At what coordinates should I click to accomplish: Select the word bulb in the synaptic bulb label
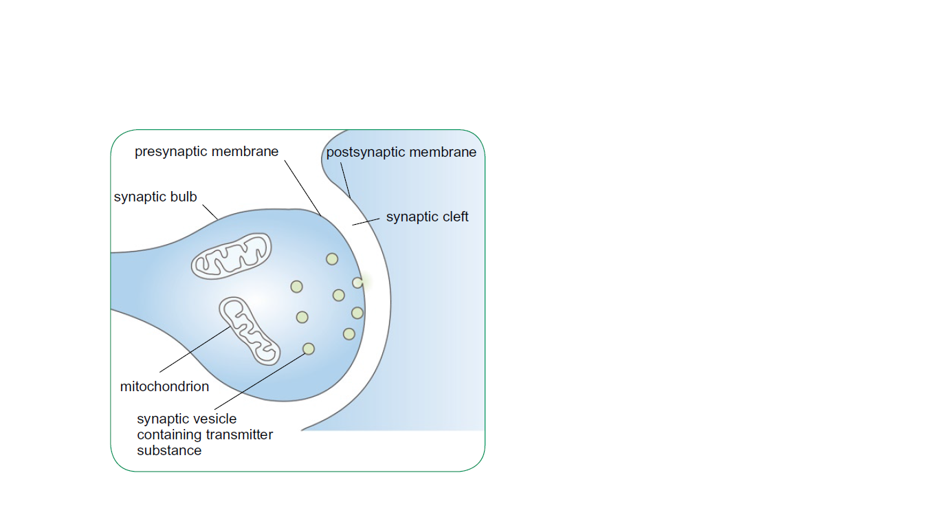(184, 197)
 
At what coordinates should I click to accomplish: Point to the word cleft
(452, 217)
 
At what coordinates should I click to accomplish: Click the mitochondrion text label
(164, 386)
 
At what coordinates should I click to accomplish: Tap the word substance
(169, 451)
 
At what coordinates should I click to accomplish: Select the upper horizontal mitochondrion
(232, 256)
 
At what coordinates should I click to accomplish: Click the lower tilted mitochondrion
(250, 331)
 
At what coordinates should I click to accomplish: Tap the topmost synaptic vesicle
(332, 259)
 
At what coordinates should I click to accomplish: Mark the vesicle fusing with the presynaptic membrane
(357, 283)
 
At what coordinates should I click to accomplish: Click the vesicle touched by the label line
(309, 349)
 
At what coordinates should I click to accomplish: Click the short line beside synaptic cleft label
(366, 221)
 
